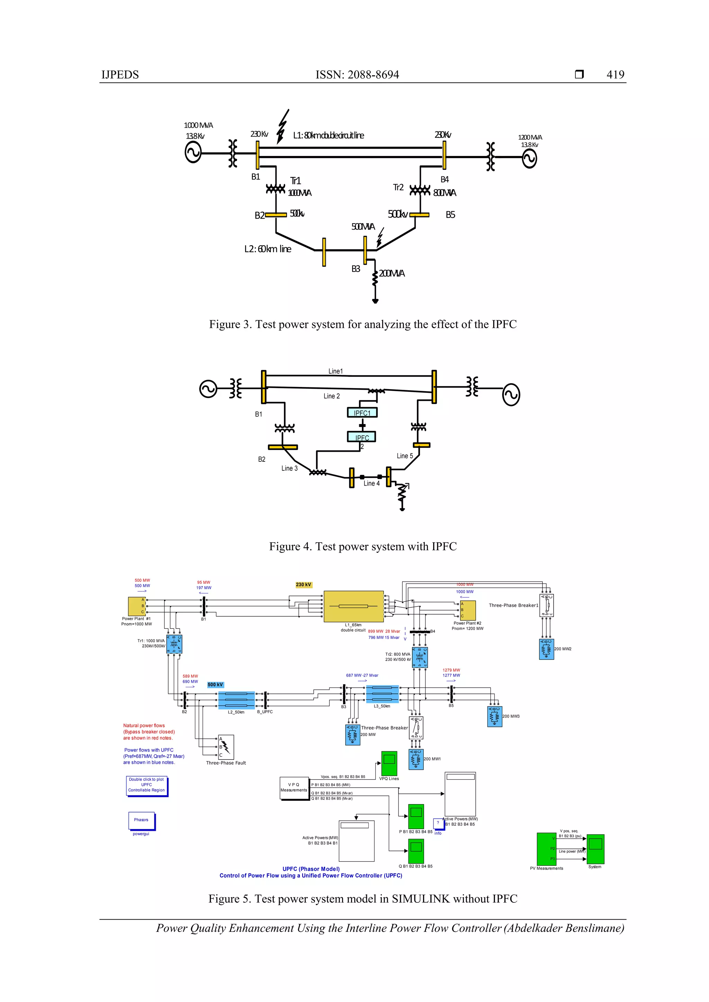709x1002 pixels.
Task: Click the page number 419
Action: click(x=615, y=75)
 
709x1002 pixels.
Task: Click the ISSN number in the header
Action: click(x=357, y=75)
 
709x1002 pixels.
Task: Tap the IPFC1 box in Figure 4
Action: click(x=362, y=412)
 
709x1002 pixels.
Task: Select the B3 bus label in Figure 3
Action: click(x=356, y=269)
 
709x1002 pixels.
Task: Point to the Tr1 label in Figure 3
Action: click(x=295, y=181)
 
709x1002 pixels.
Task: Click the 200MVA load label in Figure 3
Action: click(x=392, y=273)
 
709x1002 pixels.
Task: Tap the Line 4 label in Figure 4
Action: click(x=371, y=483)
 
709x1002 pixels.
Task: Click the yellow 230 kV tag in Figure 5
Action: click(x=303, y=584)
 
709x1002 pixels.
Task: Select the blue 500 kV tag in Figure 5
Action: click(x=215, y=684)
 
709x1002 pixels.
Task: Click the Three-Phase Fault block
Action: click(x=226, y=747)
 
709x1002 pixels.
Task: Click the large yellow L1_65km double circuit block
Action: click(x=353, y=606)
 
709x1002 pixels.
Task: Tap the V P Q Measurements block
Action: click(x=294, y=788)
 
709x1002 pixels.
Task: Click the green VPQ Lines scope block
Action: click(x=389, y=763)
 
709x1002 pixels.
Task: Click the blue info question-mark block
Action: click(x=438, y=822)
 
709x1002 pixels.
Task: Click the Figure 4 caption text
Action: click(x=362, y=546)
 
